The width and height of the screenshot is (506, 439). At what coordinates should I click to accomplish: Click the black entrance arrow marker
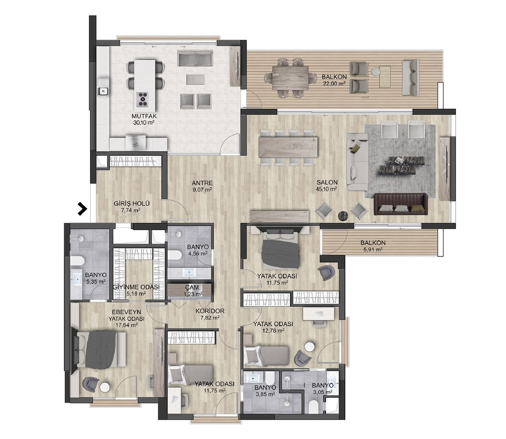pyautogui.click(x=82, y=209)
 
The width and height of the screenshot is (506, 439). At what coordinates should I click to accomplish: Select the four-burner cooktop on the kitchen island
pyautogui.click(x=143, y=99)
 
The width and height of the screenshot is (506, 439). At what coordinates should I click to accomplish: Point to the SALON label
pyautogui.click(x=327, y=183)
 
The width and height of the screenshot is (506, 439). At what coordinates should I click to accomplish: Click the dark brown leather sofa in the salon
pyautogui.click(x=401, y=204)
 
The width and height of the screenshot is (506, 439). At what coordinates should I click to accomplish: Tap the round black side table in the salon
pyautogui.click(x=343, y=215)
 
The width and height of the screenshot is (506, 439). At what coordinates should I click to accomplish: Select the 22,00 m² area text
pyautogui.click(x=334, y=83)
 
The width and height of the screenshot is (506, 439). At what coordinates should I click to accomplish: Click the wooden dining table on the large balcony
pyautogui.click(x=290, y=78)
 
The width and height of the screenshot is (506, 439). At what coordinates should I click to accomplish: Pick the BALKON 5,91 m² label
pyautogui.click(x=373, y=246)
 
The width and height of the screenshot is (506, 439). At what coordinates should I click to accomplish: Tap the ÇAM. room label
pyautogui.click(x=193, y=287)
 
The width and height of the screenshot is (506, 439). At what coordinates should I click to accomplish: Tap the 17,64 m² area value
pyautogui.click(x=126, y=325)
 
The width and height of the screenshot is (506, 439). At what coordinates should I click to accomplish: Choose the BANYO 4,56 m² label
pyautogui.click(x=198, y=250)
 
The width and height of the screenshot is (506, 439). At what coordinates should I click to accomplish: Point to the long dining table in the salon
pyautogui.click(x=288, y=147)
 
